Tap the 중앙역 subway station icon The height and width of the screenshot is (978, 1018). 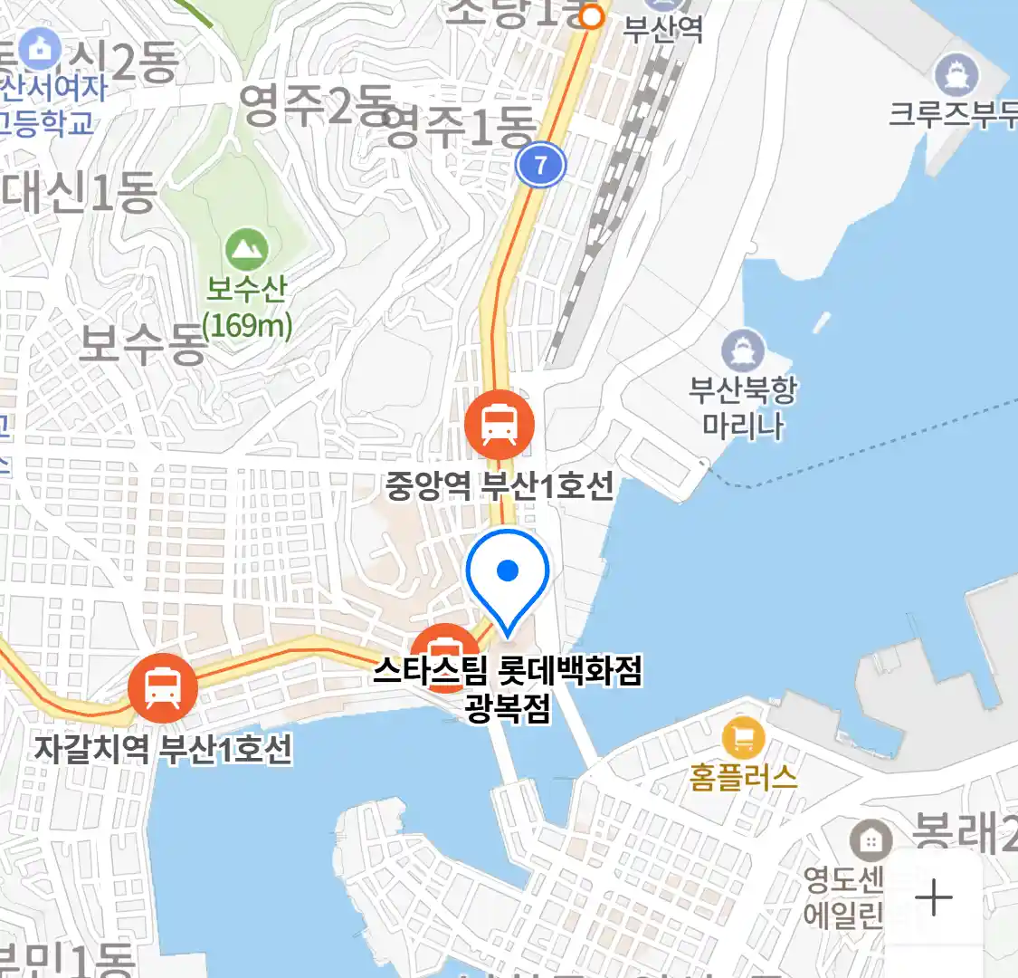[x=499, y=424]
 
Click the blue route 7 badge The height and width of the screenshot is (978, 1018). [x=540, y=165]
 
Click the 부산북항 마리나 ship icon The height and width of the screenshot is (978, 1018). [x=743, y=350]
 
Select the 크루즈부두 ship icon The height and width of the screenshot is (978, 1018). [x=956, y=74]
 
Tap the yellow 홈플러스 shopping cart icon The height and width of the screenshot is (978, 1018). [x=743, y=738]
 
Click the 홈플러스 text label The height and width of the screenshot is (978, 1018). [x=743, y=777]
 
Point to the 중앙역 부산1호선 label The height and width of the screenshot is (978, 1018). [x=499, y=486]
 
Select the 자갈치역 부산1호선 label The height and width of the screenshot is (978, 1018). [x=163, y=749]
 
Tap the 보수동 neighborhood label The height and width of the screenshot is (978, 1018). [x=143, y=345]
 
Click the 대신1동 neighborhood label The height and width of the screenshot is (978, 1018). [x=80, y=193]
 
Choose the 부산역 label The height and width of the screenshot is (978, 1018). [x=663, y=30]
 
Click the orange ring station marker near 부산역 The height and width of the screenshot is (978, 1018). [x=592, y=16]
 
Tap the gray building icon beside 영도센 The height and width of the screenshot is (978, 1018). [x=871, y=840]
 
